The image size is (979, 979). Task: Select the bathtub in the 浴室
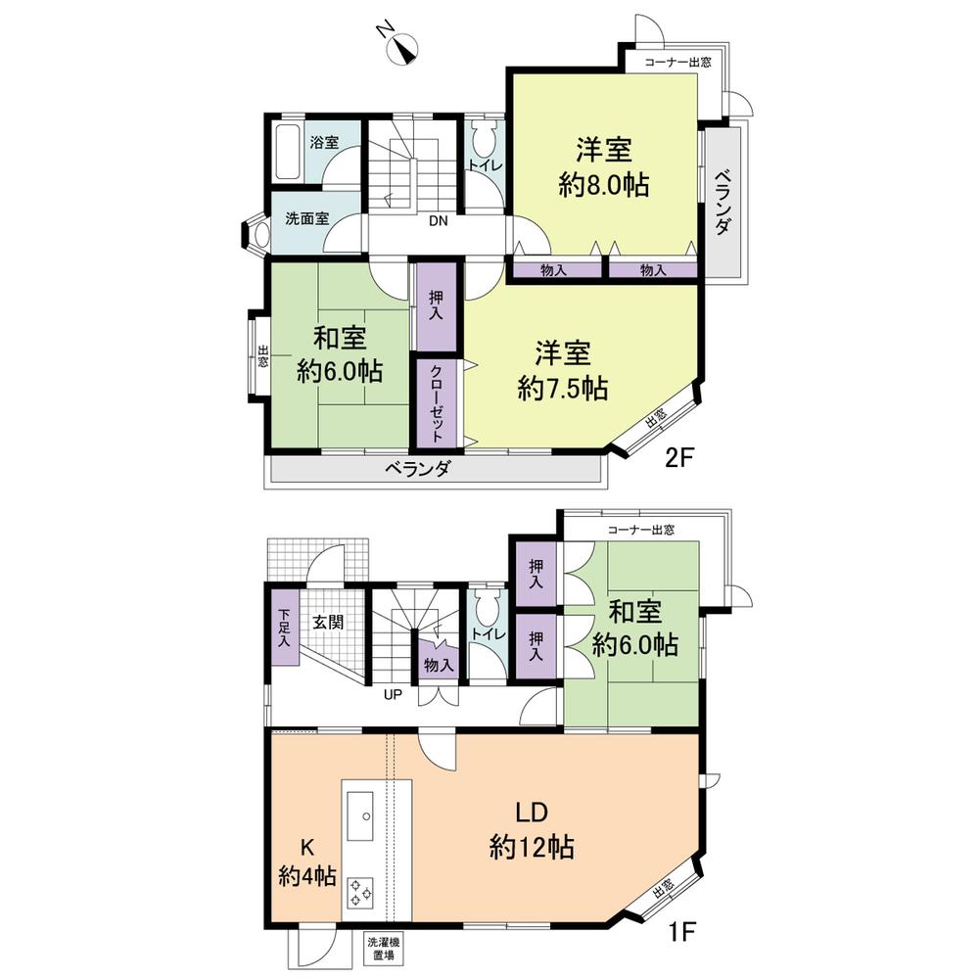287,153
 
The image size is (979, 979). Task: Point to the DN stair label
438,221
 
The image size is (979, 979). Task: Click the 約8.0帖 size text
603,185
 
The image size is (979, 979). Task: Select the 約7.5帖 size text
563,388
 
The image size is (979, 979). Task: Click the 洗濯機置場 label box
382,949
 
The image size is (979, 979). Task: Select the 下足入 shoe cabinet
283,629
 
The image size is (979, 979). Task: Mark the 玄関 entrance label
327,622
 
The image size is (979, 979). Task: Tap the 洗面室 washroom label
306,218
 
